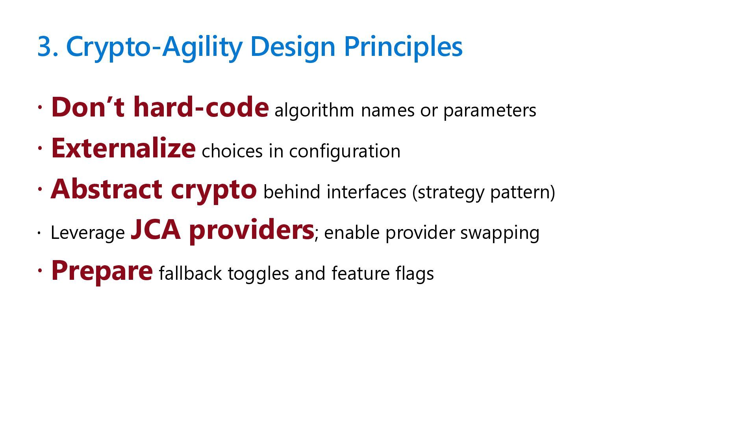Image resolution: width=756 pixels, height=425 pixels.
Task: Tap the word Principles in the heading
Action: point(403,47)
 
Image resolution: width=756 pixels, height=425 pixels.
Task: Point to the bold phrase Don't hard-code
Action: point(160,107)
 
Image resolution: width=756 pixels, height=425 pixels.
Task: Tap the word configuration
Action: point(345,151)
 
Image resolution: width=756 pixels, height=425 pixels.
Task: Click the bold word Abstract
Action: point(106,189)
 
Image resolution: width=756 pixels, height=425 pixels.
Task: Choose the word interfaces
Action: point(366,192)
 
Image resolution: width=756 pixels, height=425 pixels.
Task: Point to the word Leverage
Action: point(87,233)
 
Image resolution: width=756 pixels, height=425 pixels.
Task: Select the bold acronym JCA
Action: point(156,230)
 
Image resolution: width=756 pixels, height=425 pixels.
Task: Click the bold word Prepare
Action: point(102,272)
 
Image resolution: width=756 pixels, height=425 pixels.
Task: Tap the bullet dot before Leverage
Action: point(40,233)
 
